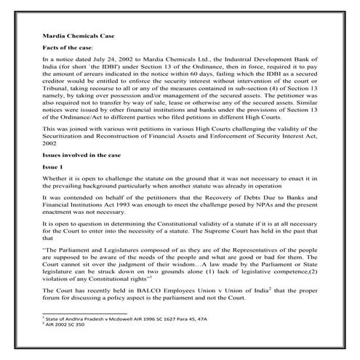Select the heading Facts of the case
[x=71, y=47]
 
